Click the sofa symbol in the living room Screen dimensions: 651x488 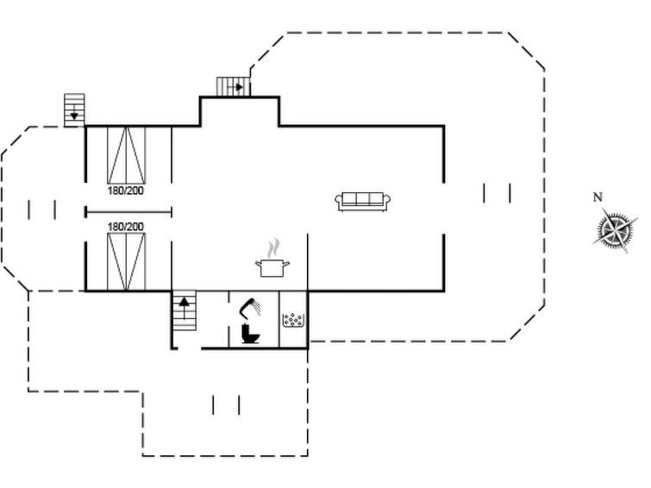click(362, 202)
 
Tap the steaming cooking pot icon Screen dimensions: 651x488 click(272, 258)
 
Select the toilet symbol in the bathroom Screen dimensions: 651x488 click(250, 334)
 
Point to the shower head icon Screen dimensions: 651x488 click(249, 308)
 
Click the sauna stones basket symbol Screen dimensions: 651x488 click(293, 320)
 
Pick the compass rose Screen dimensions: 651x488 click(615, 228)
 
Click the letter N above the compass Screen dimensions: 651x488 click(598, 197)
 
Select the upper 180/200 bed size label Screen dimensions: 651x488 click(125, 191)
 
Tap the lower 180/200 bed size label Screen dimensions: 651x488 click(125, 227)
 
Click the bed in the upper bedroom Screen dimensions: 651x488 click(126, 155)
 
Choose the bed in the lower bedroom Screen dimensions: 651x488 click(126, 261)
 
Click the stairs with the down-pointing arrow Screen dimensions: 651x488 click(74, 110)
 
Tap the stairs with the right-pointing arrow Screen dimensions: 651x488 click(234, 87)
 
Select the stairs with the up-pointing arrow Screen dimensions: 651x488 click(184, 310)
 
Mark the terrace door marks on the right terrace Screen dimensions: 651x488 click(497, 193)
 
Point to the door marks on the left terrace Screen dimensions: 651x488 click(42, 210)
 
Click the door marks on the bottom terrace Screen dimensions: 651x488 click(226, 405)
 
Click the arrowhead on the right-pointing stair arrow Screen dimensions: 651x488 click(240, 87)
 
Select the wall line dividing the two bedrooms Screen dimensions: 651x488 click(128, 212)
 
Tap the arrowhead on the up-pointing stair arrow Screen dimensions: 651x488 click(184, 302)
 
